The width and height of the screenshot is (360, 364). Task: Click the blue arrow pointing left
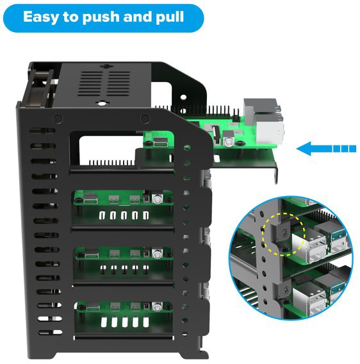326,149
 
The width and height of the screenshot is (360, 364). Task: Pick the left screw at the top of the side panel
58,119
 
